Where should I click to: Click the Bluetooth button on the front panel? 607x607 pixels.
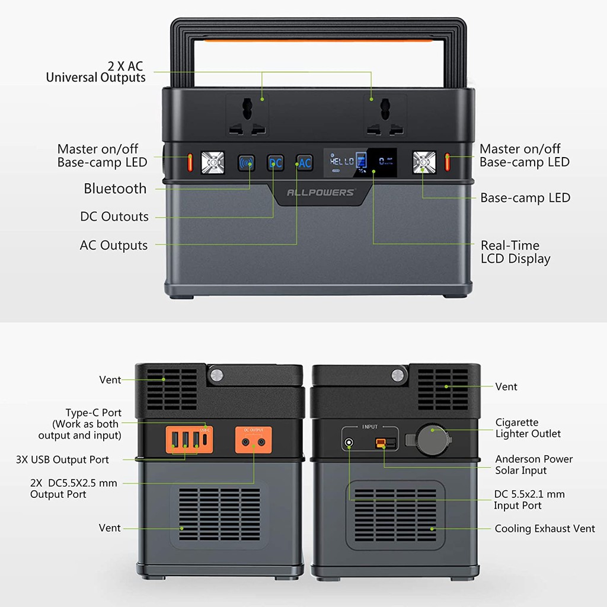(x=246, y=162)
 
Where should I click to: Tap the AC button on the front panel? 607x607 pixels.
(x=305, y=162)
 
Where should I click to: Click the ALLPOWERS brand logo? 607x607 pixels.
(x=321, y=192)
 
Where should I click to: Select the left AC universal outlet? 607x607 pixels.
(x=247, y=116)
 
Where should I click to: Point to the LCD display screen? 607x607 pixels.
(x=360, y=162)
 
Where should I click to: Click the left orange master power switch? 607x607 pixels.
(x=191, y=161)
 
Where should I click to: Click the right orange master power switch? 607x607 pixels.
(x=448, y=161)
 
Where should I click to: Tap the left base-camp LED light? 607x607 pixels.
(x=213, y=162)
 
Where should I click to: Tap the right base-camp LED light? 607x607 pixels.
(x=424, y=162)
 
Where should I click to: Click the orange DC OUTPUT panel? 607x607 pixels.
(x=254, y=439)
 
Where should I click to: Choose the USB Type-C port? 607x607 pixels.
(x=205, y=440)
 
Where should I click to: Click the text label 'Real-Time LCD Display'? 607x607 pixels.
(x=515, y=252)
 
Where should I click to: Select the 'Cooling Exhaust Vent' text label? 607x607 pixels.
(x=544, y=528)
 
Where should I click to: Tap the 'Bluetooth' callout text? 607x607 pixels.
(x=115, y=189)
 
